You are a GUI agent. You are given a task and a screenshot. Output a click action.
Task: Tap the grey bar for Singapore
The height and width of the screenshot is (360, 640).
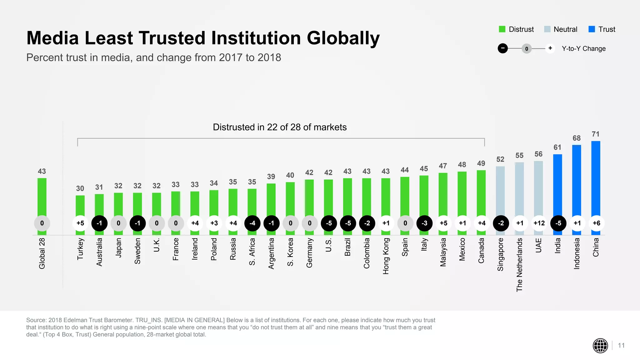[500, 191]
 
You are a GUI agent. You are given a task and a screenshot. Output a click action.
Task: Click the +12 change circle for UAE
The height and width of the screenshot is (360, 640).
[539, 223]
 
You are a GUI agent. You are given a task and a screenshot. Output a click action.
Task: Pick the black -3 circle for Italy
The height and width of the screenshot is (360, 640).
[424, 223]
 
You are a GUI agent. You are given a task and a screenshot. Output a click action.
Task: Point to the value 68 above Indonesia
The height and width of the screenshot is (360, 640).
[577, 138]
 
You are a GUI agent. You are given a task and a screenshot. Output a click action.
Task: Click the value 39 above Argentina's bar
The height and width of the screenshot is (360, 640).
[271, 177]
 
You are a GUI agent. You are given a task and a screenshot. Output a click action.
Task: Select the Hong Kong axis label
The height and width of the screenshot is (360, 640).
[386, 256]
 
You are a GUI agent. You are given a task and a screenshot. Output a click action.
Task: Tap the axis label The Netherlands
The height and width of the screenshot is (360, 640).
[519, 265]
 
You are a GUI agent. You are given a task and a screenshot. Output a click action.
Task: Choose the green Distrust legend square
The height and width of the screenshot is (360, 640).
[502, 29]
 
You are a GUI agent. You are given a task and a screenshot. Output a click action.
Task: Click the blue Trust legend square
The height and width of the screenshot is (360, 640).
[592, 29]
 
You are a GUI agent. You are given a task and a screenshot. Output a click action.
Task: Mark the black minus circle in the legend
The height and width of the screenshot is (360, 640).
[502, 48]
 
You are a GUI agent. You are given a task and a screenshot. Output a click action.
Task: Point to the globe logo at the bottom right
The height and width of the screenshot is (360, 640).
[600, 346]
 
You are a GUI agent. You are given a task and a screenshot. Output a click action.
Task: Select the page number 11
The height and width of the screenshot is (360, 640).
[621, 346]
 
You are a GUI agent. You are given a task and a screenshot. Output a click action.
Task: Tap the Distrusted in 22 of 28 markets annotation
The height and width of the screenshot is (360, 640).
[280, 127]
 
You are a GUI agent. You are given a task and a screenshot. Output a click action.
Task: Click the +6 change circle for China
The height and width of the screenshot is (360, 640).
[596, 223]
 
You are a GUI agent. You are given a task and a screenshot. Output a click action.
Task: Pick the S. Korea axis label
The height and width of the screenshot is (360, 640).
[290, 252]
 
